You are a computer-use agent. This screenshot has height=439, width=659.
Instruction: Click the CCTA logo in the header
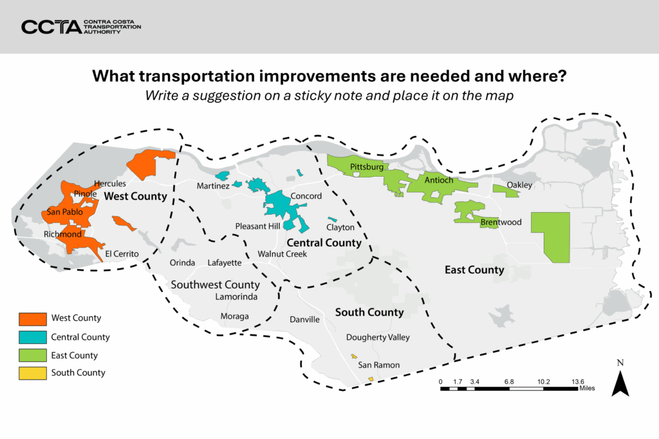[80, 26]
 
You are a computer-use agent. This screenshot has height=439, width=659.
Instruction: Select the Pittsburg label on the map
[367, 167]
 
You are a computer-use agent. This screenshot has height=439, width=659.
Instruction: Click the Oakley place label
[519, 185]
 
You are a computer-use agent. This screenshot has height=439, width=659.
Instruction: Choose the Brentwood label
[501, 223]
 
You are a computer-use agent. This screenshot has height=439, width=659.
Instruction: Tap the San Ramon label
[378, 365]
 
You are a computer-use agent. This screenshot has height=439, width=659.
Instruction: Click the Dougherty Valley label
[377, 337]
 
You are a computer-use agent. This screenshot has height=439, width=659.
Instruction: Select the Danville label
[304, 319]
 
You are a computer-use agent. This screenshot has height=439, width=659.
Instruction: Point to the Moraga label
[234, 316]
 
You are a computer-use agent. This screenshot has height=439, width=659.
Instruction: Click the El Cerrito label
[122, 254]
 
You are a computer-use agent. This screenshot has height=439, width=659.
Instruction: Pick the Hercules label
[109, 184]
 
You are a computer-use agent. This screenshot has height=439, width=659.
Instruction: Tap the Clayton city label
[340, 228]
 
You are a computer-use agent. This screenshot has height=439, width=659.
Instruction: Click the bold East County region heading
[474, 270]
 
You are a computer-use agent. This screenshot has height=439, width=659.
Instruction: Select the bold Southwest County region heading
[215, 285]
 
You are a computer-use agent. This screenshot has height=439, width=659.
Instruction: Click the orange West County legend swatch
[32, 318]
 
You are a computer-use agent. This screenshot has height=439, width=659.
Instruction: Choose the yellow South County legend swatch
[32, 373]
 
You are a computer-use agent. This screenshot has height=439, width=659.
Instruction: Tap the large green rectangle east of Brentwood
[550, 237]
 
